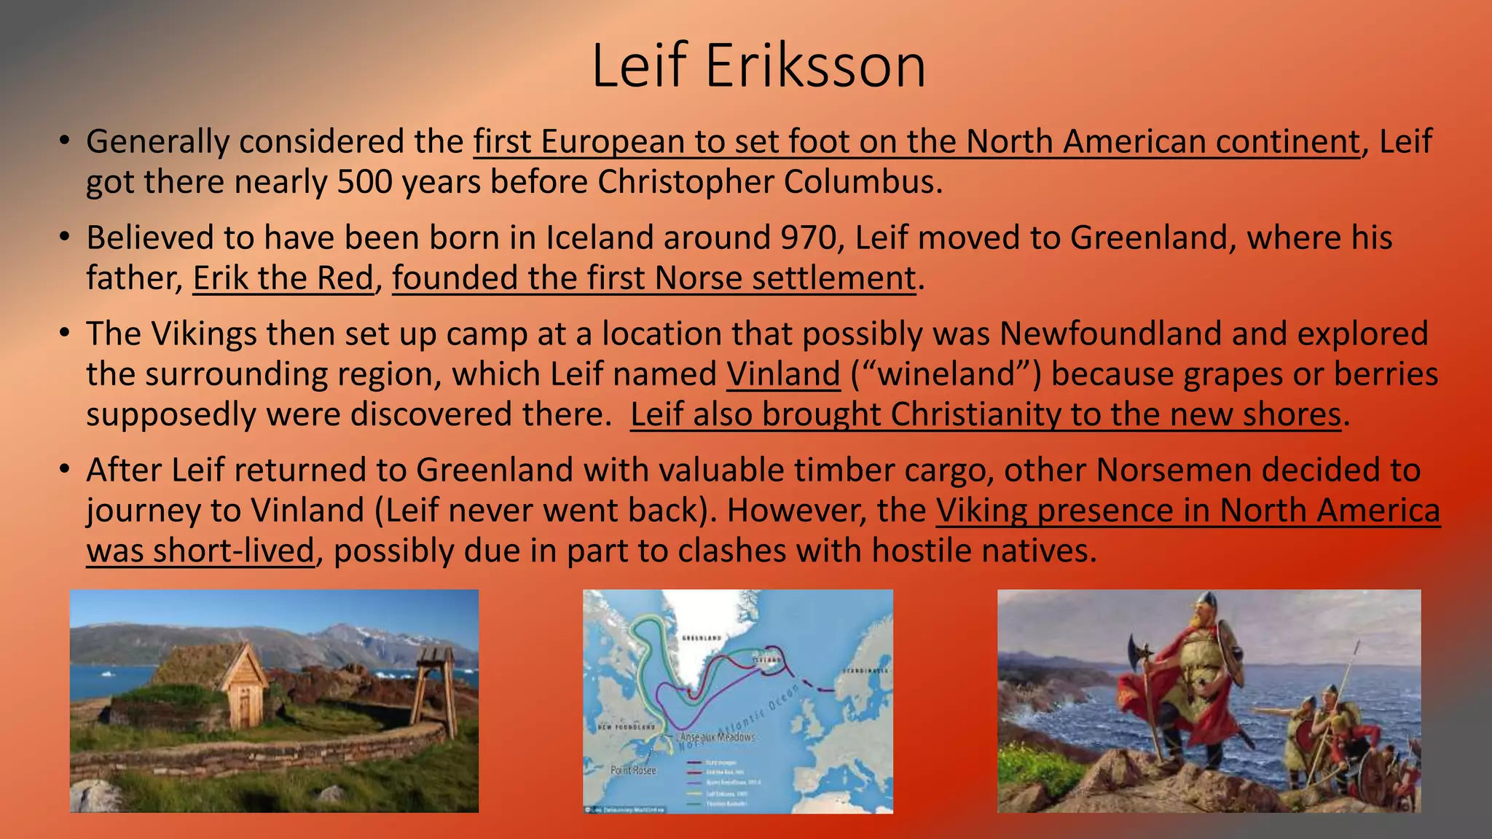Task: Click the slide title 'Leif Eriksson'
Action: (758, 66)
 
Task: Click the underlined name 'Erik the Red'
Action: (283, 278)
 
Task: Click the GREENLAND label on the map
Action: (701, 638)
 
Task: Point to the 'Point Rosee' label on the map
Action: (632, 770)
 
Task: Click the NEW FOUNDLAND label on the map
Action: (626, 727)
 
